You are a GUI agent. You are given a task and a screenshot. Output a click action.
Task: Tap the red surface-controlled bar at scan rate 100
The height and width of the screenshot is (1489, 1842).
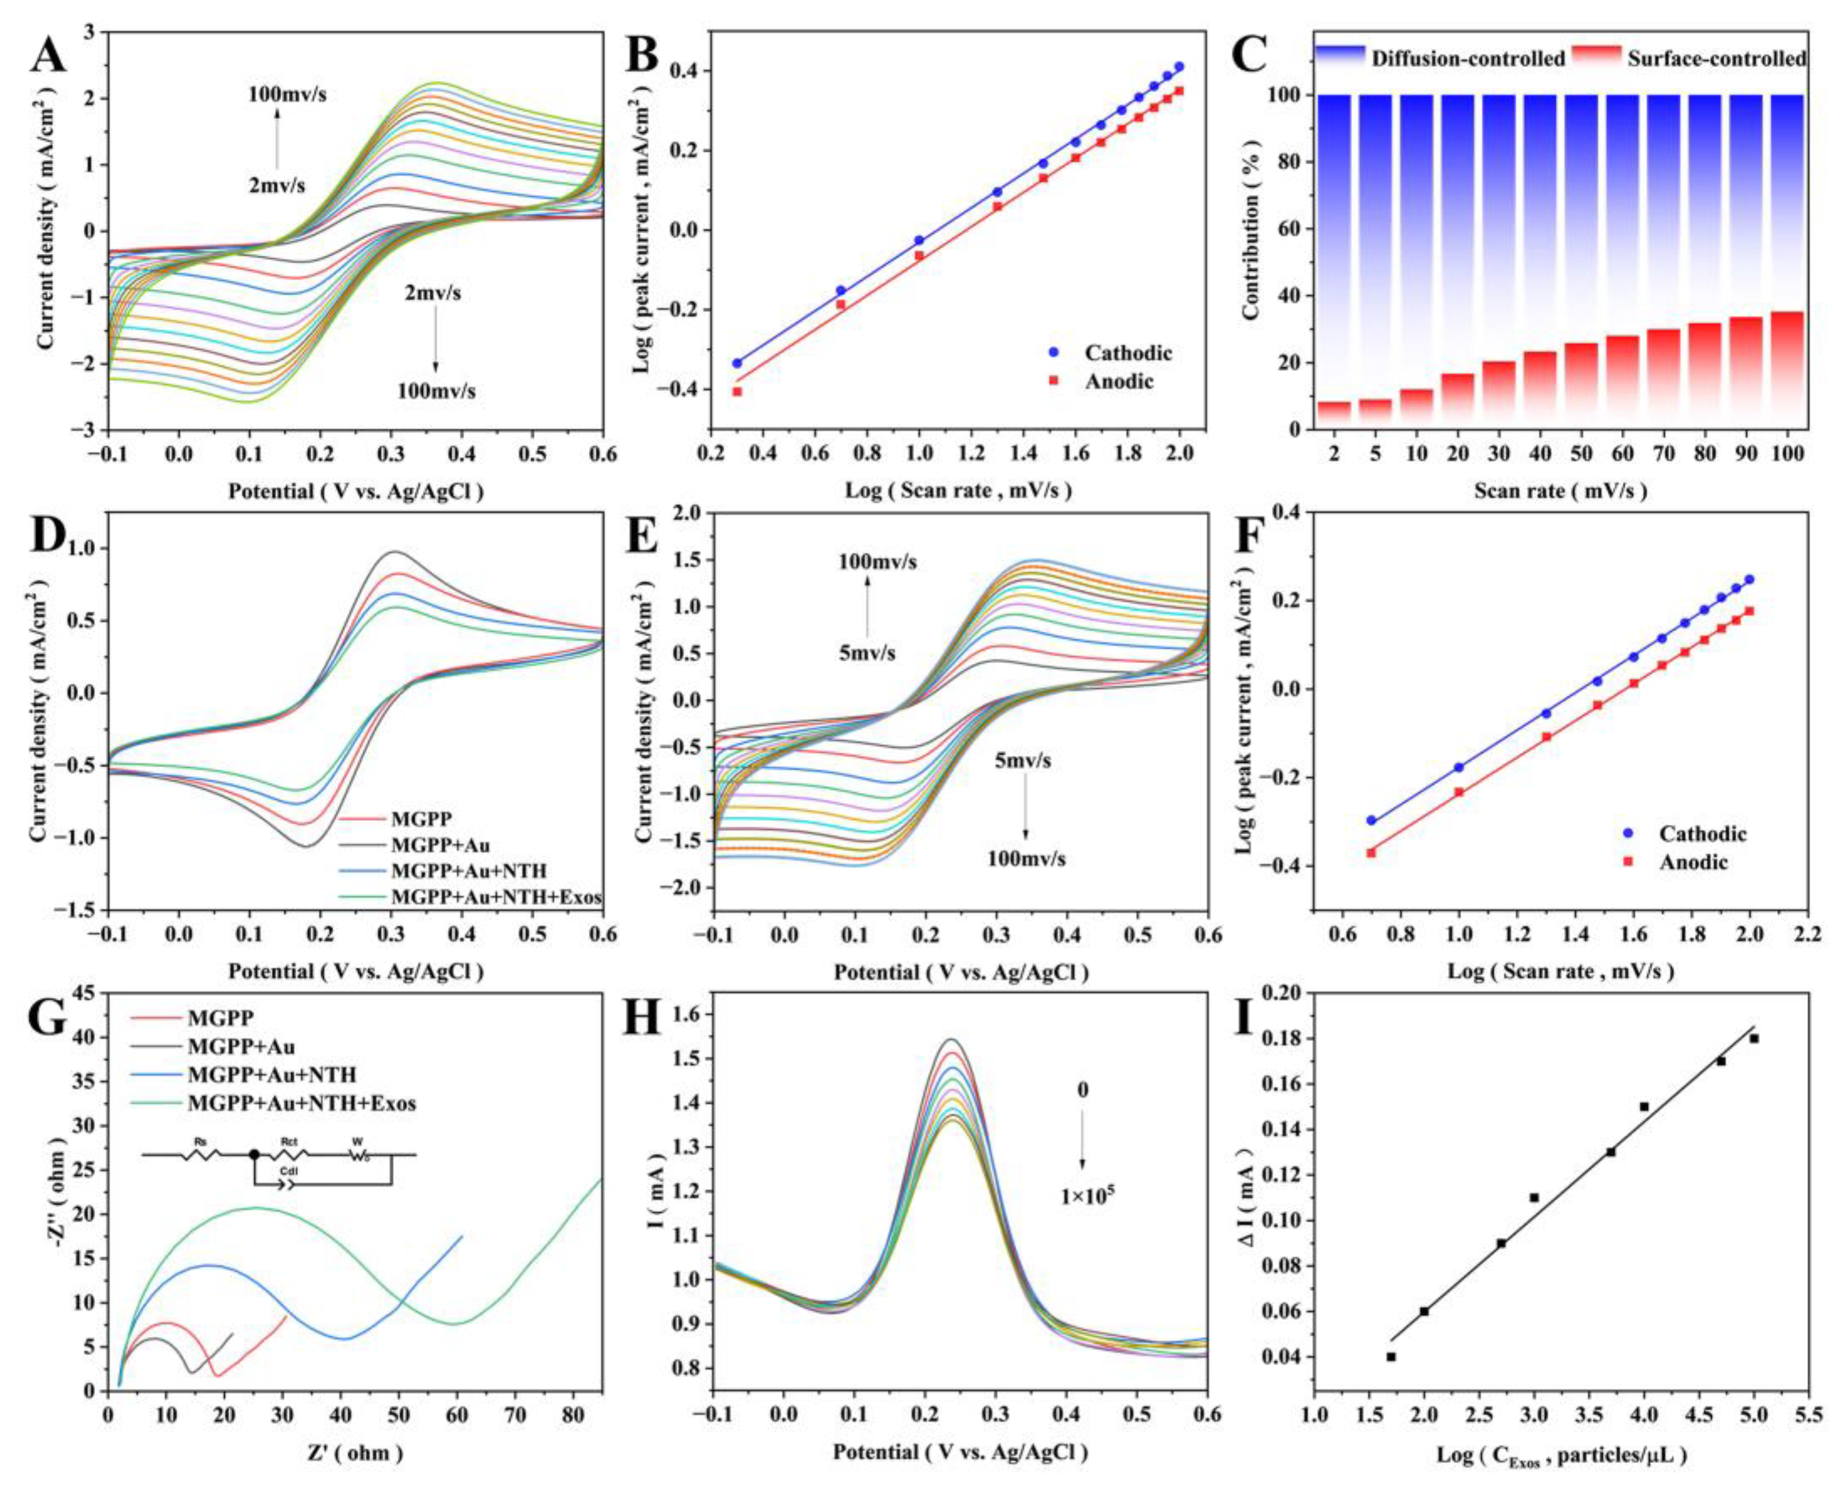[1787, 370]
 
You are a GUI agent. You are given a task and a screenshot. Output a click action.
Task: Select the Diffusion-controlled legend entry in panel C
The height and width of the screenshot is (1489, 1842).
[1467, 58]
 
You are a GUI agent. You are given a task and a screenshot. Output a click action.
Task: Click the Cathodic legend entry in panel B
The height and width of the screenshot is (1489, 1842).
[1127, 352]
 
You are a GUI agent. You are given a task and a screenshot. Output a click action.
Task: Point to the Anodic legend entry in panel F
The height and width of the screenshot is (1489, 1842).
[1692, 862]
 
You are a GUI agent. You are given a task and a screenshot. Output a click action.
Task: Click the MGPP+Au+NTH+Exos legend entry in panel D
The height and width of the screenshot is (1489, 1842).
[496, 897]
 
